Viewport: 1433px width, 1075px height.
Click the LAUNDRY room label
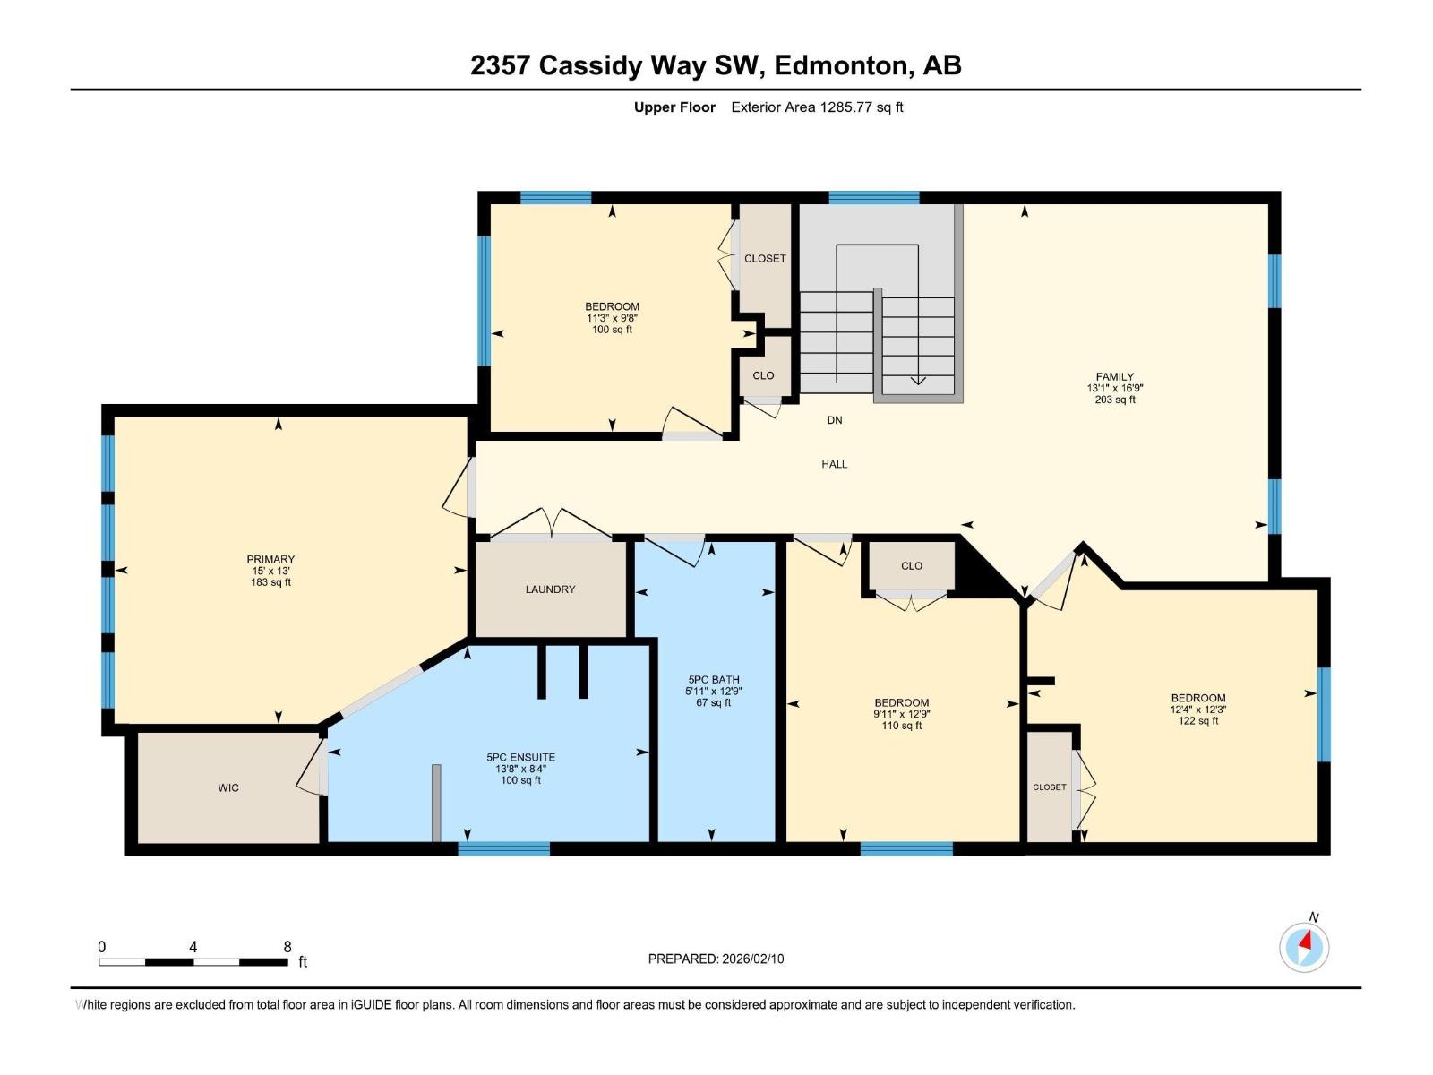point(550,589)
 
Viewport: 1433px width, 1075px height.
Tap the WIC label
point(228,788)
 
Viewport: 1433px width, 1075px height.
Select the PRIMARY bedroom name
point(270,560)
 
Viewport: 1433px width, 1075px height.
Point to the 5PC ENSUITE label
point(520,758)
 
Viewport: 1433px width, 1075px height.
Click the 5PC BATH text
point(714,680)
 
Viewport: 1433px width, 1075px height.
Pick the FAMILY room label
point(1115,377)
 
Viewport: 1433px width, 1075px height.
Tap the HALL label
point(834,465)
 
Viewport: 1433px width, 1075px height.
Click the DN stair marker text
point(834,420)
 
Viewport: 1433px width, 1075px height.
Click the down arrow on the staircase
point(918,380)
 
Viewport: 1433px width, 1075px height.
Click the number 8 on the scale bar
point(287,947)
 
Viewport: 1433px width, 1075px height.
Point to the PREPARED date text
point(716,959)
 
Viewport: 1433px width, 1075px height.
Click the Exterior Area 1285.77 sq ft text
point(817,107)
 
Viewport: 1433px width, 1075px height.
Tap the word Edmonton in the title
point(840,65)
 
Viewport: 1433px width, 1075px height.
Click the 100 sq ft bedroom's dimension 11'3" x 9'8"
point(612,318)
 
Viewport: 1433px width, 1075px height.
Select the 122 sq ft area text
point(1197,721)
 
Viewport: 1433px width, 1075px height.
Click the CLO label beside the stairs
point(763,376)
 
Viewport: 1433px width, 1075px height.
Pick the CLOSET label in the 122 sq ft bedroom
point(1049,787)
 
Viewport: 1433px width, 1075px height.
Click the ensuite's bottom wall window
point(503,848)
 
